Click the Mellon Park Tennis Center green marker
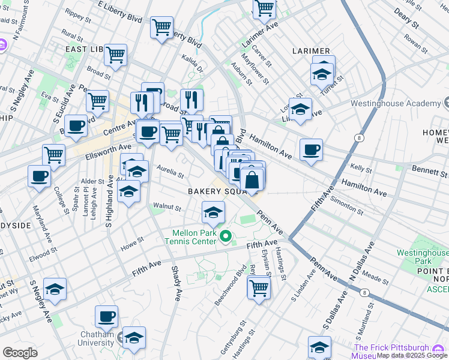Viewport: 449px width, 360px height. click(226, 236)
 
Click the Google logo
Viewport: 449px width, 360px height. click(20, 353)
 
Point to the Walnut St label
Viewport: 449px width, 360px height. click(167, 208)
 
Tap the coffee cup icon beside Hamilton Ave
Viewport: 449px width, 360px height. click(311, 150)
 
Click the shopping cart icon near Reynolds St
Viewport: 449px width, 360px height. click(259, 287)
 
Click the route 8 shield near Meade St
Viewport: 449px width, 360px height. click(364, 292)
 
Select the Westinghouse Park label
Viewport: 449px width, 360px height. click(423, 257)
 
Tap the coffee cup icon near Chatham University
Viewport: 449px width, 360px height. click(106, 316)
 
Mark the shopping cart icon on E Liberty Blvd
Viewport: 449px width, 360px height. click(162, 27)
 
